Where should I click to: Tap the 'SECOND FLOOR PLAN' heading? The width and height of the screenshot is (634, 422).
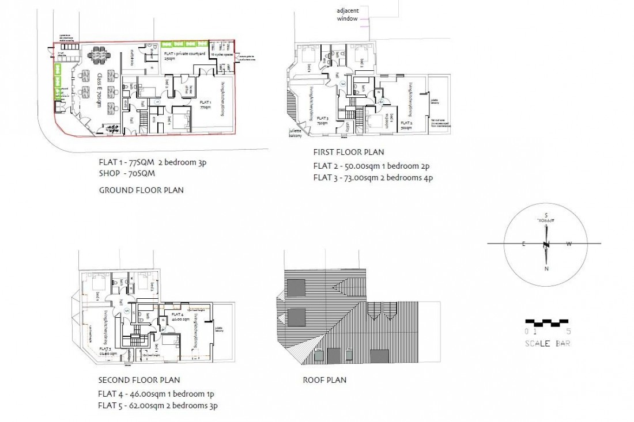(139, 380)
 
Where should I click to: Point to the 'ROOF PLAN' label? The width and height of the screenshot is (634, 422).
(324, 380)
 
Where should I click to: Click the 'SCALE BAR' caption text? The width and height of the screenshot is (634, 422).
(548, 344)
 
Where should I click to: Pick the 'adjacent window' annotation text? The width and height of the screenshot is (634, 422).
(348, 15)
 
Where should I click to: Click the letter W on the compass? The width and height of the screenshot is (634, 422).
(569, 244)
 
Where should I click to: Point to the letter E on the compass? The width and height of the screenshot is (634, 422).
(524, 244)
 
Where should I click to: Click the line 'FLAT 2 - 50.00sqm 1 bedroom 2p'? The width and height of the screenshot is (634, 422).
(372, 166)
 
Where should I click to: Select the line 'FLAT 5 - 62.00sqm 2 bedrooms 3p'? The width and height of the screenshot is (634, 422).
(157, 406)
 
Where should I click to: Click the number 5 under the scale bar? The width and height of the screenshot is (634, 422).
(568, 332)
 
